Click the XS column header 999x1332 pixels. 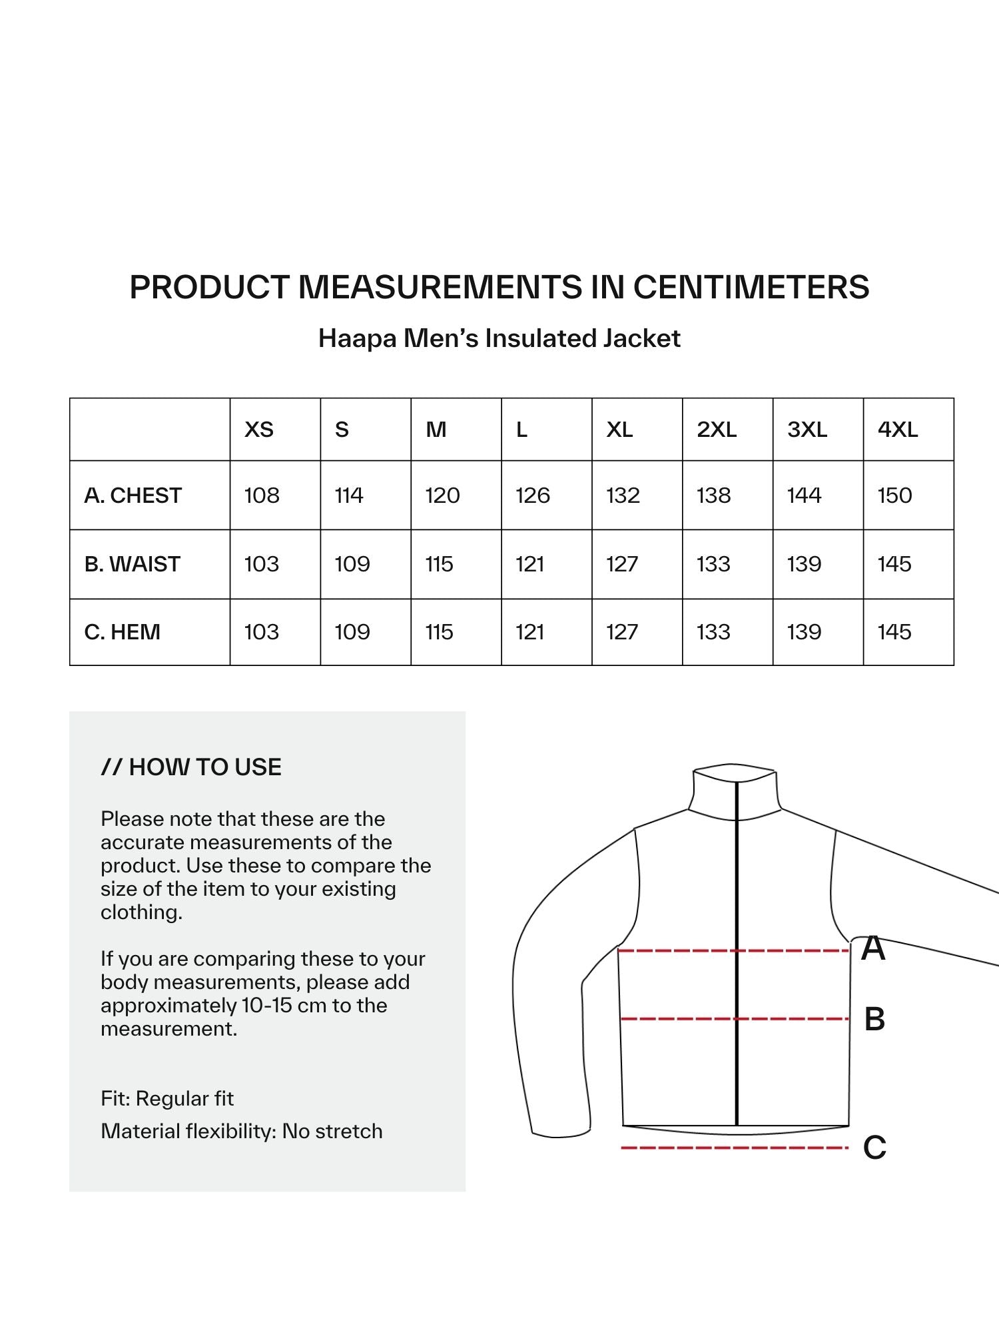259,430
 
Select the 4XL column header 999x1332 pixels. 898,430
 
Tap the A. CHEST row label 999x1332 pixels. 133,496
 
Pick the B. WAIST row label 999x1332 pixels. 133,564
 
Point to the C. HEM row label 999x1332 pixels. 123,632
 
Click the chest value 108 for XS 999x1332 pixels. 262,496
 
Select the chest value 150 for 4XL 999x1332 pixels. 894,496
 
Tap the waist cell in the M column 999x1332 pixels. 440,564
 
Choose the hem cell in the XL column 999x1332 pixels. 622,632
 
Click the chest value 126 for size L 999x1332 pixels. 533,496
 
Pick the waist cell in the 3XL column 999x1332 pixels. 804,564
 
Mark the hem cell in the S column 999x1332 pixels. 352,632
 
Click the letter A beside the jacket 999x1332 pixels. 873,948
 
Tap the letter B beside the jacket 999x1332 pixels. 874,1020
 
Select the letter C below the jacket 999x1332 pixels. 874,1148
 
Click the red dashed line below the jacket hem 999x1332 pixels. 733,1148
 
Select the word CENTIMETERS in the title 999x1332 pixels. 751,287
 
